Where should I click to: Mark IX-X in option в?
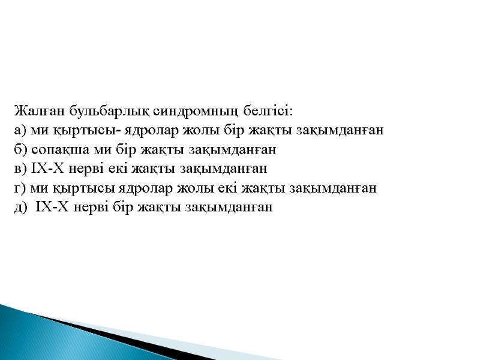click(x=47, y=169)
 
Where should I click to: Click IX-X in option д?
click(x=53, y=207)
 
